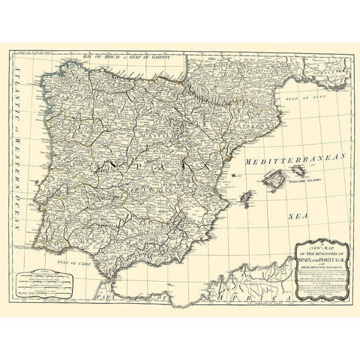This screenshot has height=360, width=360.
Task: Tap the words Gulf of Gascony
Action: coord(151,56)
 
